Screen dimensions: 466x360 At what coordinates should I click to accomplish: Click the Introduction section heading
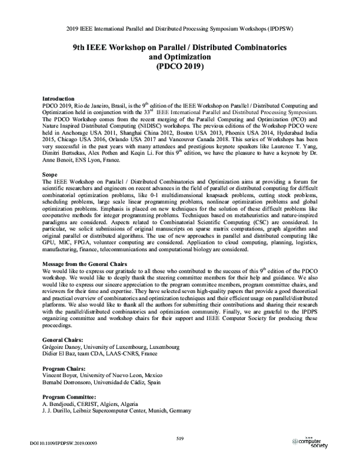pyautogui.click(x=58, y=98)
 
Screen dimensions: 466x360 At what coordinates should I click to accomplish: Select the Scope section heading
pyautogui.click(x=51, y=174)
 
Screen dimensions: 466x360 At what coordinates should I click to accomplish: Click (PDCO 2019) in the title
pyautogui.click(x=179, y=67)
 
